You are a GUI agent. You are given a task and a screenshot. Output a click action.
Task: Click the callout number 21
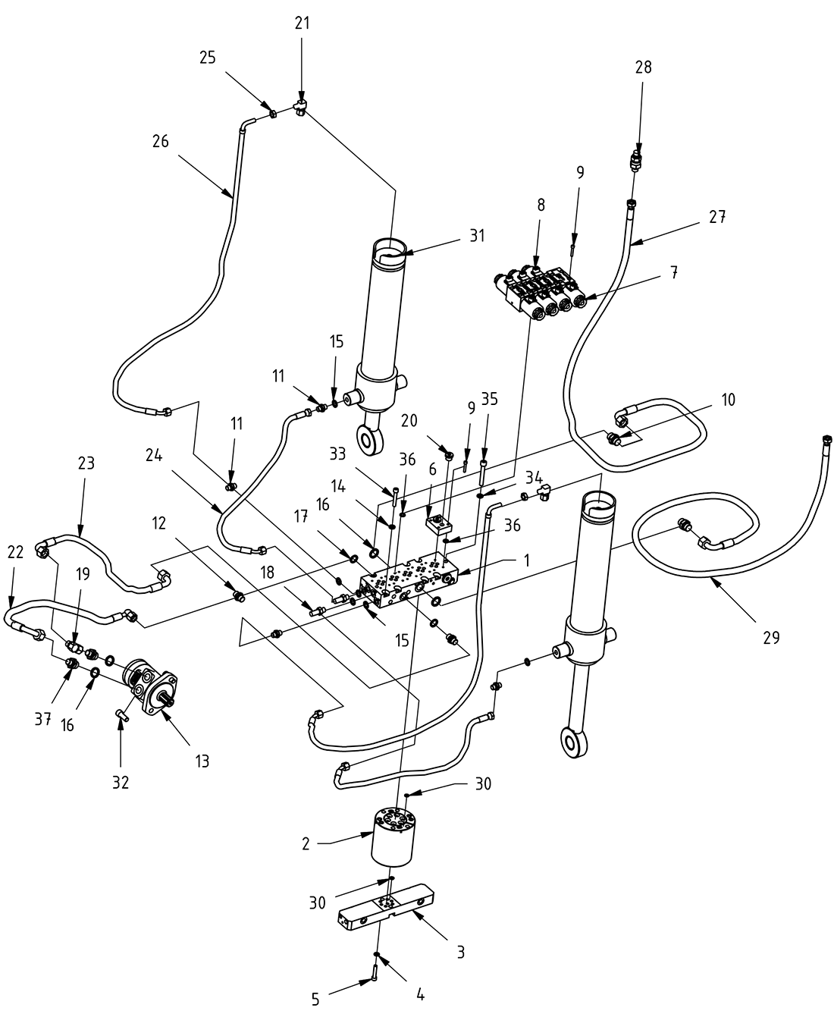(302, 24)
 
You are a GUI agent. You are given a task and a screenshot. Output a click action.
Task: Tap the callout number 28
(643, 67)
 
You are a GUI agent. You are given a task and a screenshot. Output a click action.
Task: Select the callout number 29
(770, 638)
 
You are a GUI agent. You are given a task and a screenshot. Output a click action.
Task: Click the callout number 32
(121, 782)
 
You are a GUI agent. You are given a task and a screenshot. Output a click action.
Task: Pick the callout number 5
(316, 999)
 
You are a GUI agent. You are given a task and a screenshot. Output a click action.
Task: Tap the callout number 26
(160, 141)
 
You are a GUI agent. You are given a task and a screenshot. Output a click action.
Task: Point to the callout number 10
(728, 400)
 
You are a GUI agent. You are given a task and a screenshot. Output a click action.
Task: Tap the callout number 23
(86, 463)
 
